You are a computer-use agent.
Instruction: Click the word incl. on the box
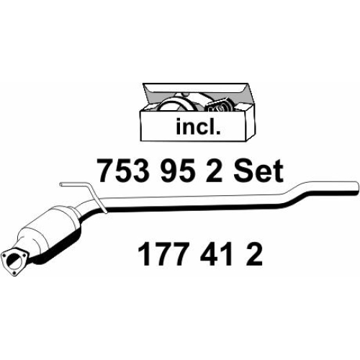pyautogui.click(x=198, y=125)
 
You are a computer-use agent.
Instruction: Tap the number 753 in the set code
pyautogui.click(x=124, y=171)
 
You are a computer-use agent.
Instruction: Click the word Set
pyautogui.click(x=258, y=171)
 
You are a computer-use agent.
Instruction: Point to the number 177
pyautogui.click(x=163, y=254)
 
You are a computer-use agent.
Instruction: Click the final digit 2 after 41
pyautogui.click(x=253, y=254)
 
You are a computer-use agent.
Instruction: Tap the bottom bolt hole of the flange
pyautogui.click(x=14, y=273)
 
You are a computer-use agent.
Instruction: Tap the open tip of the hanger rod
pyautogui.click(x=61, y=184)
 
